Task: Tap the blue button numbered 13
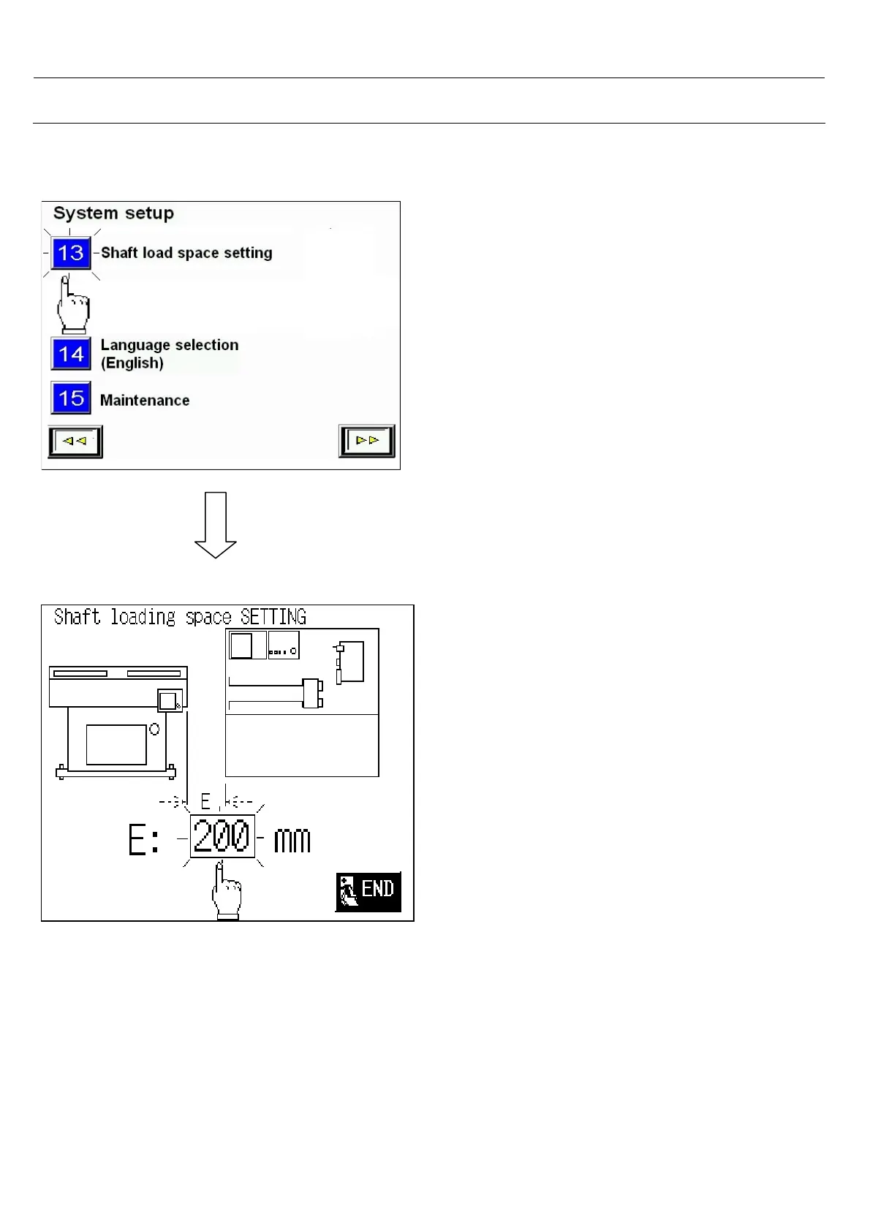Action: pos(71,253)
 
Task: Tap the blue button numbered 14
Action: pos(71,355)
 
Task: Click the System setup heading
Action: pos(113,213)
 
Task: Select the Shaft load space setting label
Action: pos(186,253)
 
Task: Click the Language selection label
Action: pos(170,345)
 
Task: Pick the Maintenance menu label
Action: pos(145,401)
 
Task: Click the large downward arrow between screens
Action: pos(216,525)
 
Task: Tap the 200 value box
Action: pos(222,836)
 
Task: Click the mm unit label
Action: pos(292,841)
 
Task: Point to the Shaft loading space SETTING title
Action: pos(180,617)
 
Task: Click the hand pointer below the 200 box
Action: pos(227,890)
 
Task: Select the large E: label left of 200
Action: pos(144,841)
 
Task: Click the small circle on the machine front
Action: pos(154,729)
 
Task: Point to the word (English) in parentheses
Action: pos(132,363)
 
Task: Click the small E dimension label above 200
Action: pos(205,802)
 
